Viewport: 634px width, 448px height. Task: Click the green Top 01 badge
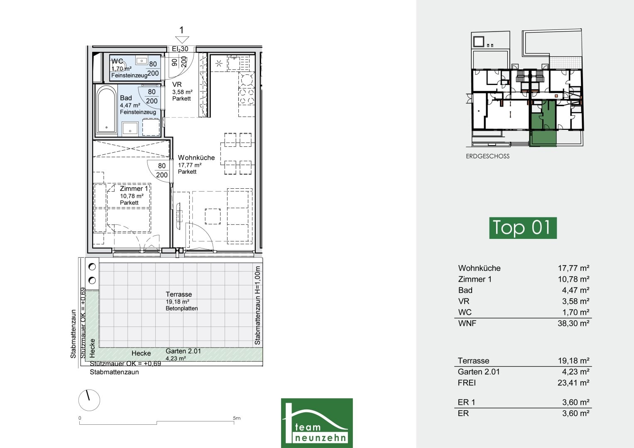pos(523,228)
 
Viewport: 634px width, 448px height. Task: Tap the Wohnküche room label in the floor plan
pos(196,158)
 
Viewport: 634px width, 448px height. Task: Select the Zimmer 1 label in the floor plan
pos(134,189)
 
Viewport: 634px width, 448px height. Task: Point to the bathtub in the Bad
pos(106,110)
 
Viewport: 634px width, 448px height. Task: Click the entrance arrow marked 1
pos(182,39)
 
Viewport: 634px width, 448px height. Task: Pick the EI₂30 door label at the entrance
pos(180,49)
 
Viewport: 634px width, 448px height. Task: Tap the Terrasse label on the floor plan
pos(179,294)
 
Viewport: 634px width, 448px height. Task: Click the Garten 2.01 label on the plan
pos(183,351)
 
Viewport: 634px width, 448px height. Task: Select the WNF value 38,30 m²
pos(573,323)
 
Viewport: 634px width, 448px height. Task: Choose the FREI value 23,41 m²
pos(573,382)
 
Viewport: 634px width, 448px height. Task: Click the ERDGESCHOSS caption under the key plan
pos(488,156)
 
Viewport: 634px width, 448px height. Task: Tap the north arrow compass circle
pos(89,400)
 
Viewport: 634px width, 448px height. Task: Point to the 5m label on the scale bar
pos(237,418)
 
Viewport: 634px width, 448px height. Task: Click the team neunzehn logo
pos(317,423)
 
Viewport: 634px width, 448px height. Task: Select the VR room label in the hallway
pos(177,84)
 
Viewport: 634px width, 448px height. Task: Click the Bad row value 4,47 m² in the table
pos(576,290)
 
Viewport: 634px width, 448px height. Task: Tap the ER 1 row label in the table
pos(466,402)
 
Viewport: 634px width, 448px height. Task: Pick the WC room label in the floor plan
pos(117,61)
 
